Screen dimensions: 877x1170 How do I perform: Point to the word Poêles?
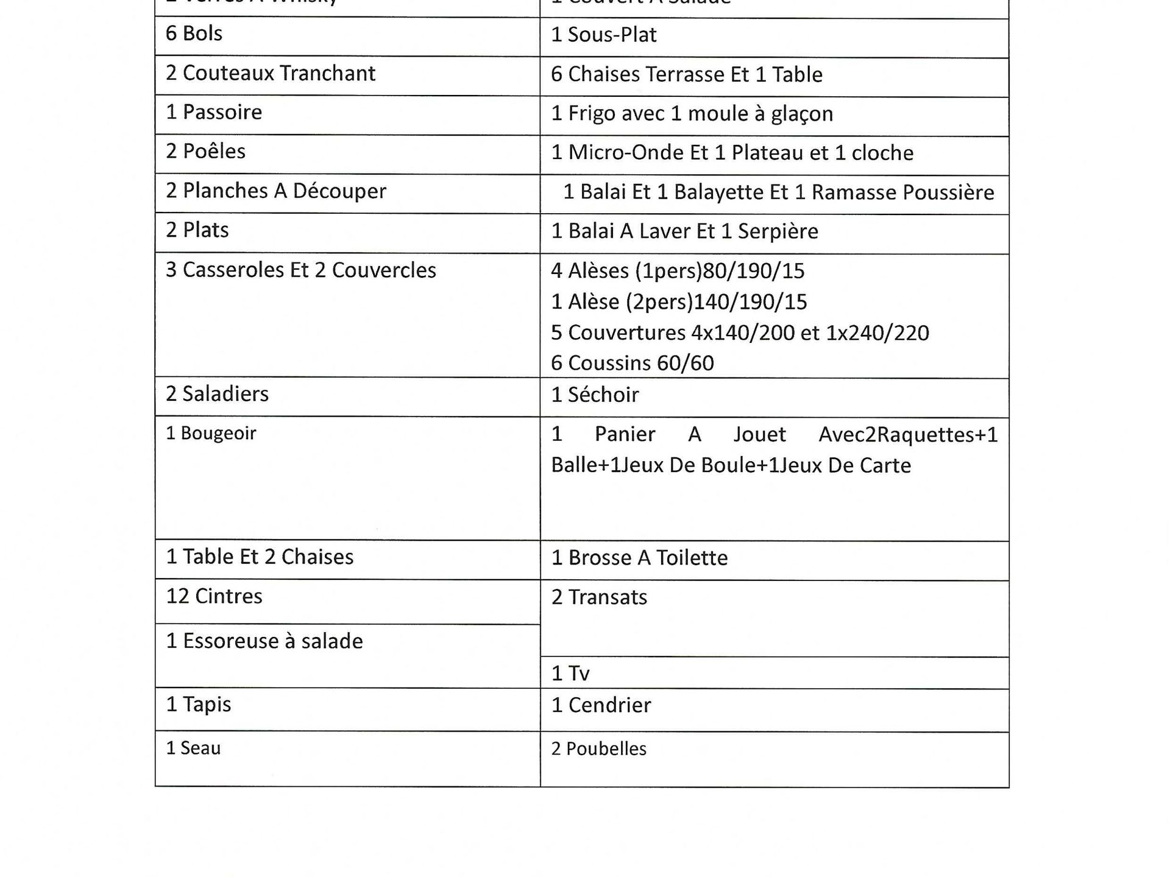[x=214, y=151]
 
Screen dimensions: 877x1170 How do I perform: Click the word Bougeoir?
[x=218, y=433]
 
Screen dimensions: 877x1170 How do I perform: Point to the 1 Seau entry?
[x=193, y=748]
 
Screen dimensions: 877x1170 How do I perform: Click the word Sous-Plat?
[x=612, y=35]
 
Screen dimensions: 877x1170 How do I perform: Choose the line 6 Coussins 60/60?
[x=632, y=363]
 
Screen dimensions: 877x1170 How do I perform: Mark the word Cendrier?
[x=609, y=705]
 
